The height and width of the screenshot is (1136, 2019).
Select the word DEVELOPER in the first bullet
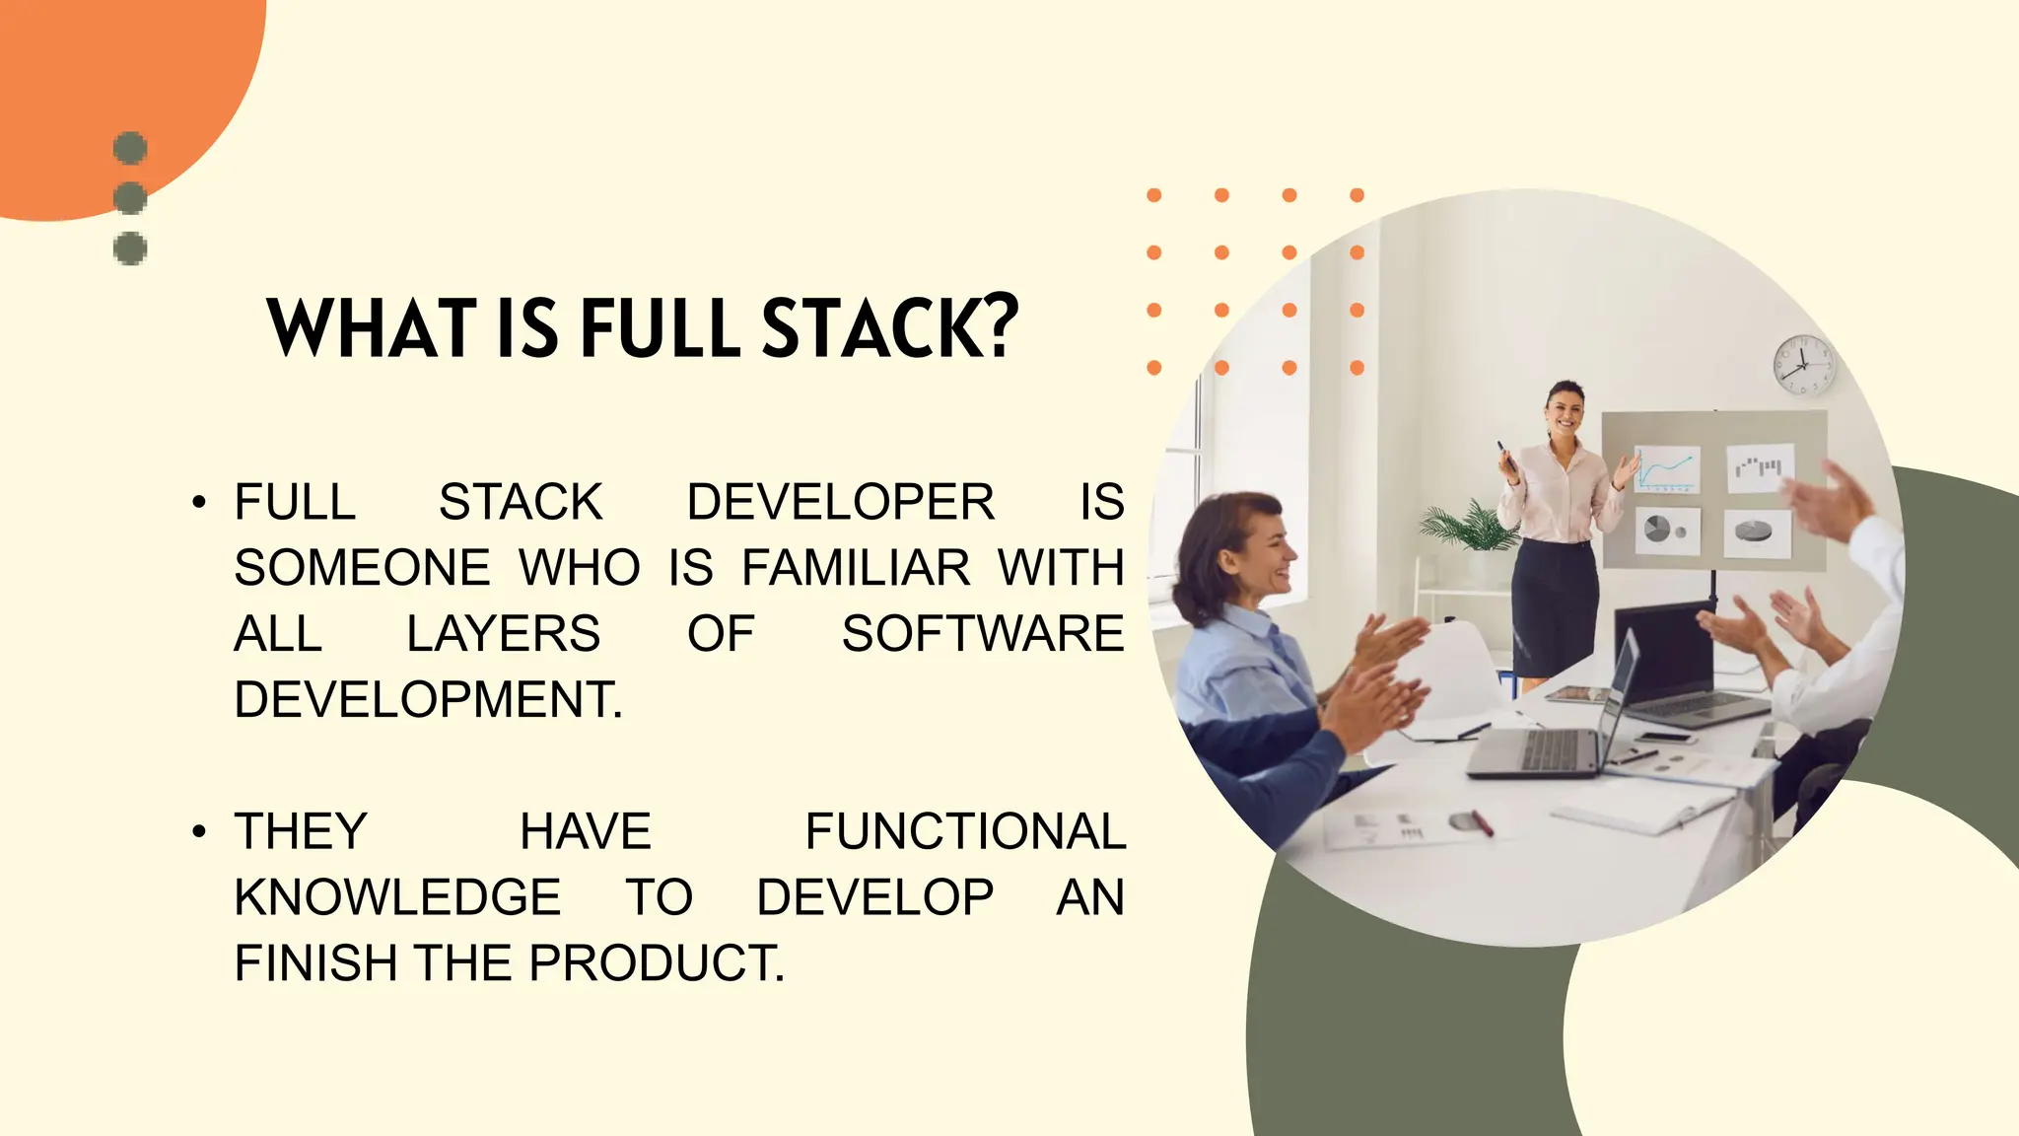pyautogui.click(x=840, y=502)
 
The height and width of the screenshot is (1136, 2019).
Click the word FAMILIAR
pyautogui.click(x=856, y=568)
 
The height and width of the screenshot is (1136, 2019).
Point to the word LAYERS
pyautogui.click(x=503, y=634)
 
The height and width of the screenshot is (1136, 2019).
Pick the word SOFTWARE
pyautogui.click(x=982, y=634)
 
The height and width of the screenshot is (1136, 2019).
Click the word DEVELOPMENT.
pyautogui.click(x=428, y=700)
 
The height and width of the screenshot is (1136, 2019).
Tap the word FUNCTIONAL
pyautogui.click(x=965, y=831)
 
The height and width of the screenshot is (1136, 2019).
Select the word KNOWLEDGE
pyautogui.click(x=397, y=897)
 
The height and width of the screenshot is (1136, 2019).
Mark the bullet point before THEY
pyautogui.click(x=199, y=831)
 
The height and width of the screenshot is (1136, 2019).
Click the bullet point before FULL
pyautogui.click(x=199, y=502)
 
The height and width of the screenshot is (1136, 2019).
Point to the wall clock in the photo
pyautogui.click(x=1803, y=365)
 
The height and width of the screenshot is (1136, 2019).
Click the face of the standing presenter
pyautogui.click(x=1565, y=410)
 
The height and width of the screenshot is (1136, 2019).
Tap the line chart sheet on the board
pyautogui.click(x=1667, y=469)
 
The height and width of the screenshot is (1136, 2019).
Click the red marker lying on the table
pyautogui.click(x=1482, y=822)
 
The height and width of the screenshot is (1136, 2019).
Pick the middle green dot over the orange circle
pyautogui.click(x=130, y=197)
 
